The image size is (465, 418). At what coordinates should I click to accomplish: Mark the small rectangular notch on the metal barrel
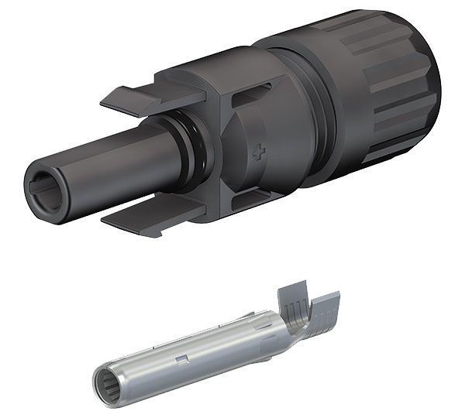180,358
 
